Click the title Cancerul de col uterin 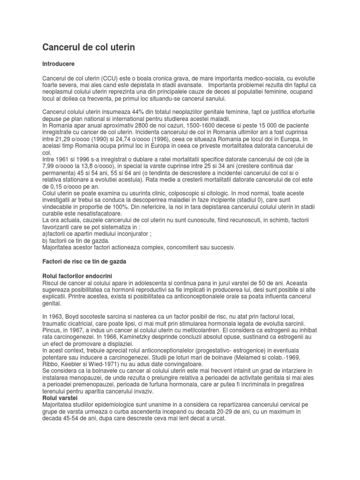pyautogui.click(x=89, y=47)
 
